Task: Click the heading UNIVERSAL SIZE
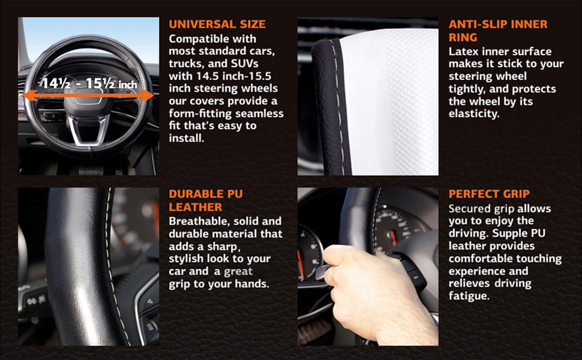point(217,25)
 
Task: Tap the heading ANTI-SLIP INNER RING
point(498,31)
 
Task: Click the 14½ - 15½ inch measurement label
point(88,83)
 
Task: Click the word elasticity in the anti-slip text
point(474,114)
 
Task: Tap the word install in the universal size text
point(186,139)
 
